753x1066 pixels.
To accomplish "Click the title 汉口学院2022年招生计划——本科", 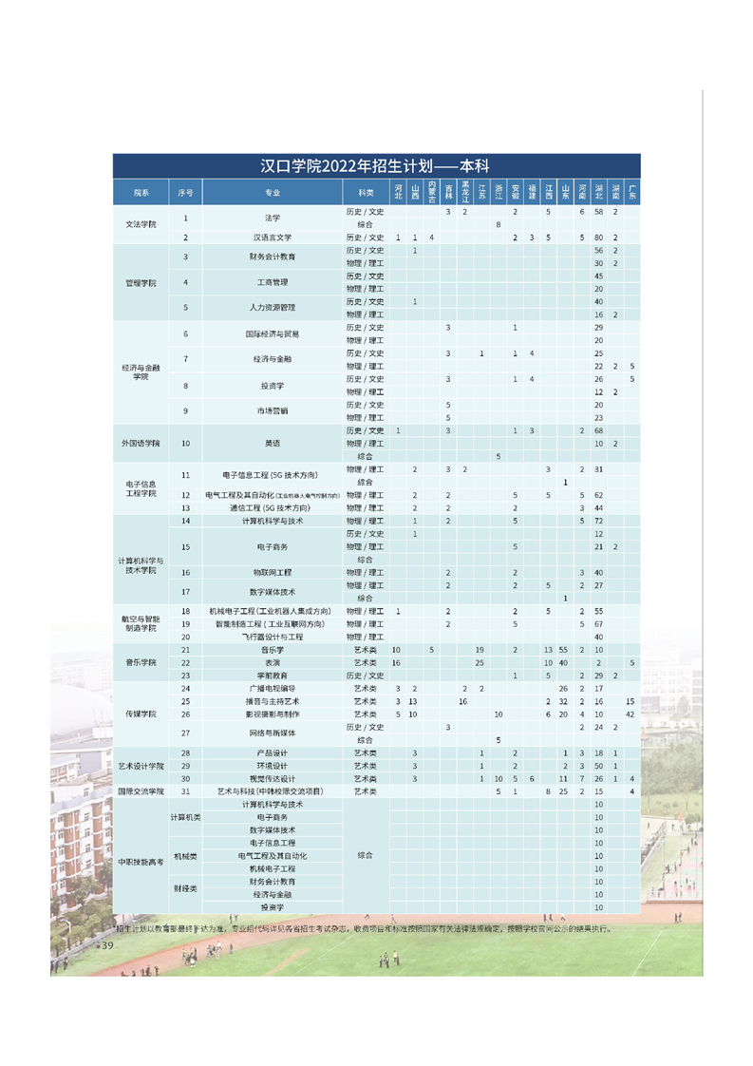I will [375, 165].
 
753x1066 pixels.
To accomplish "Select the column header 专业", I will [273, 193].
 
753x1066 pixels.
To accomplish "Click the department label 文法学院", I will [141, 224].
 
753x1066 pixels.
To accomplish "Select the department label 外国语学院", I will [141, 444].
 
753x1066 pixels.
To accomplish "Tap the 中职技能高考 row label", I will [141, 862].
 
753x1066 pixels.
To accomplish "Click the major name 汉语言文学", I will [273, 237].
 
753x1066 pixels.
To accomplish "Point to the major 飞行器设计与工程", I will [273, 637].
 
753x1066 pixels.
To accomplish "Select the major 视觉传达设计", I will [273, 779].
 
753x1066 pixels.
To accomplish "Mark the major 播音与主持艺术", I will [273, 701].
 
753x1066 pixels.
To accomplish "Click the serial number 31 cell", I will [186, 791].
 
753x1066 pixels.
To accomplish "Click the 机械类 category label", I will [184, 856].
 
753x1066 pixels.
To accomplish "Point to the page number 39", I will [107, 946].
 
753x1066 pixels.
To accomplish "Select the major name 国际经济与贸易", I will [273, 333].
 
